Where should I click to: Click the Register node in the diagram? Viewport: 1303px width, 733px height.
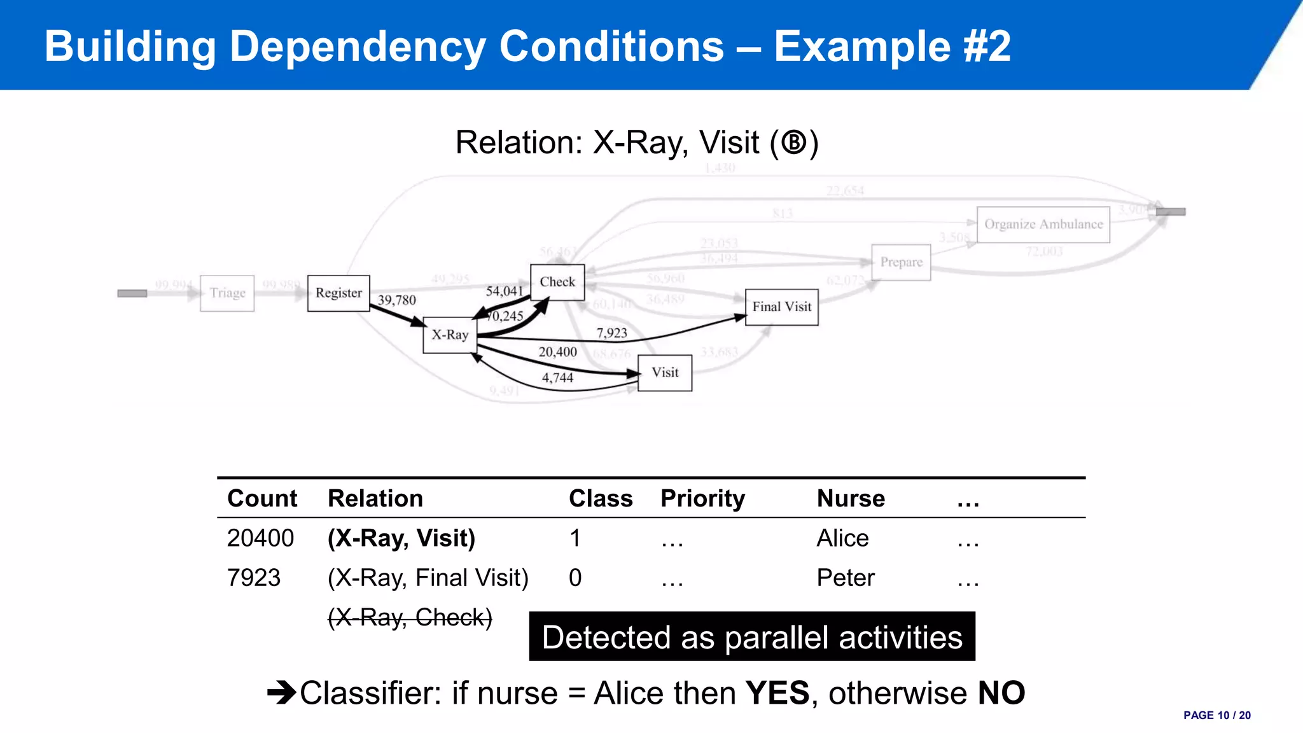(x=338, y=293)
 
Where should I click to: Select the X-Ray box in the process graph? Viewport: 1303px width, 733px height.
(x=450, y=335)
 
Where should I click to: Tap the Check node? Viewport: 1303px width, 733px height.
(x=557, y=282)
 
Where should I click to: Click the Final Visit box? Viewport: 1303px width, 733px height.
(x=781, y=307)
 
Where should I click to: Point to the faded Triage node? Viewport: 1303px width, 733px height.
(x=227, y=293)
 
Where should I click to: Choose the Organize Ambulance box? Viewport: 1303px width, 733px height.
(x=1043, y=224)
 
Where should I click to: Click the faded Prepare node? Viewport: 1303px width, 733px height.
(x=901, y=262)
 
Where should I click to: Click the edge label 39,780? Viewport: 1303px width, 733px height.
(x=397, y=300)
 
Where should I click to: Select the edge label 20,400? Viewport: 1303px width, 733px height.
(x=558, y=352)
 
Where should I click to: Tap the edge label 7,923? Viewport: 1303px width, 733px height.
(x=611, y=333)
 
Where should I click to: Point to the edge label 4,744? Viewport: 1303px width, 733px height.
(x=557, y=378)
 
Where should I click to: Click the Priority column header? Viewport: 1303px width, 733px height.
(x=702, y=498)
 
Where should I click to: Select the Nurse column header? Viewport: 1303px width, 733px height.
(x=851, y=498)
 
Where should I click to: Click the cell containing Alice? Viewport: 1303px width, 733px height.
(x=842, y=538)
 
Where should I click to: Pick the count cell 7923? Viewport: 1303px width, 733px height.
(x=254, y=578)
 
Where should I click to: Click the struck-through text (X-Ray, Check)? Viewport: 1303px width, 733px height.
(x=410, y=617)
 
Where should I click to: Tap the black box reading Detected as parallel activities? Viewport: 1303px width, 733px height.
(x=752, y=637)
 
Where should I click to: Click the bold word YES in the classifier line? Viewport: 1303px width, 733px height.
(x=777, y=693)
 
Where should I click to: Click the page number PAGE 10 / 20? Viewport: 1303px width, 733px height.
(x=1216, y=715)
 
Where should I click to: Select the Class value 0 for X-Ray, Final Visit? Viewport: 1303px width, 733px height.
(x=575, y=578)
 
